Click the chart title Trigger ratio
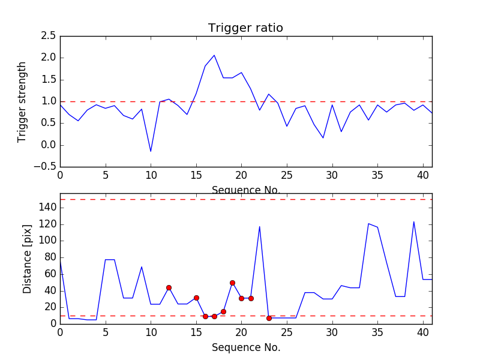(x=245, y=28)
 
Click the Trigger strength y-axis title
(x=22, y=101)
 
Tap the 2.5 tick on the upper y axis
(x=49, y=36)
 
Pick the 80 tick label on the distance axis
(x=50, y=257)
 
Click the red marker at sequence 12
(x=169, y=287)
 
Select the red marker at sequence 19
(x=232, y=283)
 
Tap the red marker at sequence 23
(x=269, y=318)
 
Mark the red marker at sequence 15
(x=196, y=298)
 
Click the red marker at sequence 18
(x=223, y=311)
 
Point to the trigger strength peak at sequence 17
(x=214, y=55)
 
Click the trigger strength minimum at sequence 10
(x=151, y=151)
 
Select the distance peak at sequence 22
(x=259, y=227)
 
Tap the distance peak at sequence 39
(x=413, y=222)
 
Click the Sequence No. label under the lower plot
(x=245, y=347)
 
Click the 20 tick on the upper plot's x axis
(x=241, y=178)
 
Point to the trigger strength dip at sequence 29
(x=323, y=138)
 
